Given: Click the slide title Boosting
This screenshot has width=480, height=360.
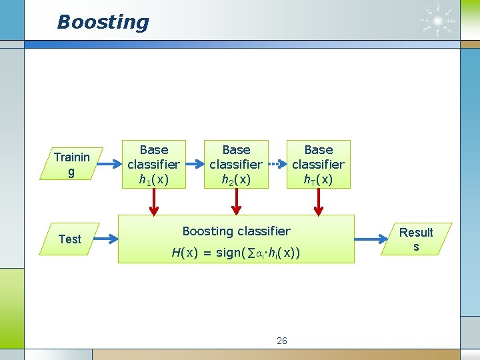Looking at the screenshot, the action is click(103, 22).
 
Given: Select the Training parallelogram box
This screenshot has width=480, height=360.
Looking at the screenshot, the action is click(71, 164).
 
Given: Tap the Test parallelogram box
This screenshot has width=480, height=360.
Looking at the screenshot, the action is click(69, 239).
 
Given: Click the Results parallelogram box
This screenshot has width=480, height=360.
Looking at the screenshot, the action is click(416, 239).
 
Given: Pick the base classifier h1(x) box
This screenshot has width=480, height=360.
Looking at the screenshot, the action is click(153, 164).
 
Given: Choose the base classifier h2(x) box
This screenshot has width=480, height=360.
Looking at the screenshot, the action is click(236, 164).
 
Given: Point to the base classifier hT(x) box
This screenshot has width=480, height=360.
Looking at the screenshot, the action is click(318, 164).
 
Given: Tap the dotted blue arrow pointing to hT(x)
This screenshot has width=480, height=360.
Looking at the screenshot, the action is click(277, 163).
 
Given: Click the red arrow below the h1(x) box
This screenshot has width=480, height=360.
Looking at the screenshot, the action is click(154, 202).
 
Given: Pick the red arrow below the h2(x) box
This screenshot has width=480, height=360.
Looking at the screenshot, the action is click(236, 202).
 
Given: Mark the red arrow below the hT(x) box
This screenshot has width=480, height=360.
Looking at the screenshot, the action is click(318, 202).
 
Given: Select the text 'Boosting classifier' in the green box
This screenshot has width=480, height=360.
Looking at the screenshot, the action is click(236, 231).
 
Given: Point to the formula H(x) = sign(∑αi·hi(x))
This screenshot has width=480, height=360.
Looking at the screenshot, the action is click(236, 253).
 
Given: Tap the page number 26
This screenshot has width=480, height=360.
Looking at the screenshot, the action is click(282, 341).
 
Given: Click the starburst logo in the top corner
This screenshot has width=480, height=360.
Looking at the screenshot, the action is click(437, 22).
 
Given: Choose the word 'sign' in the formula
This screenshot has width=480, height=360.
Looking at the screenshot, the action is click(229, 253).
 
